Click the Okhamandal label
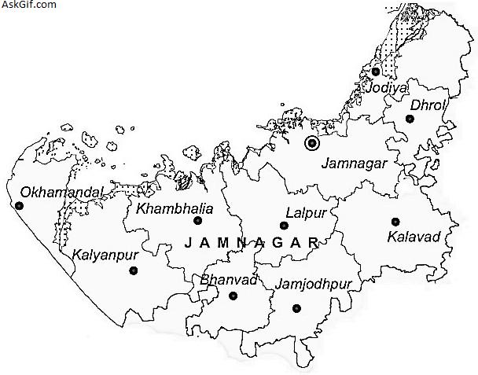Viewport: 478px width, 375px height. [x=50, y=192]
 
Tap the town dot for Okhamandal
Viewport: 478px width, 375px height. [x=20, y=206]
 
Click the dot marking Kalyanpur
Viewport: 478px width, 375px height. [x=133, y=271]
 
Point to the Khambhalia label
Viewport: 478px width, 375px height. [x=168, y=208]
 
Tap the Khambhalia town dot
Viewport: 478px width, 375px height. [x=197, y=221]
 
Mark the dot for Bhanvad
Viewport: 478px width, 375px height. [x=233, y=296]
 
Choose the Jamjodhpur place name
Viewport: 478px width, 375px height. [x=314, y=283]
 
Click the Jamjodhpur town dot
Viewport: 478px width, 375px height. [x=296, y=308]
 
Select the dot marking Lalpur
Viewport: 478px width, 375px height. [x=284, y=225]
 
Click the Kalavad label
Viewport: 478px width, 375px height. [x=413, y=236]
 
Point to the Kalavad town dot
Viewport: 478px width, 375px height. [x=395, y=222]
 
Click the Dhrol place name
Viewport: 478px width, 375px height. [x=428, y=105]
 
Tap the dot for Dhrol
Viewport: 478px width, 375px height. [x=410, y=119]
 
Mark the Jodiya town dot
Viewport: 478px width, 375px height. [x=376, y=72]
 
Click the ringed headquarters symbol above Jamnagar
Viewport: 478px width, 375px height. [x=312, y=143]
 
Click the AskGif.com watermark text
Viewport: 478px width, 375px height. [x=29, y=5]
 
